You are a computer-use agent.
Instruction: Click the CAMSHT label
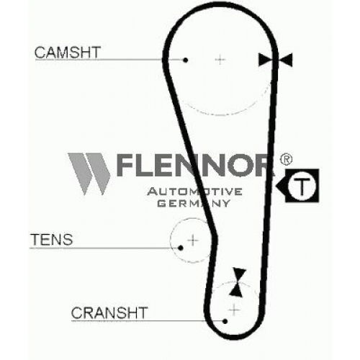[x=68, y=53]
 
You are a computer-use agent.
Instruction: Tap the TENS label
[x=52, y=239]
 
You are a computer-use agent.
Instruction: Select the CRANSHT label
[x=109, y=312]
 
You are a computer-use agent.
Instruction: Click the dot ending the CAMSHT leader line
[x=185, y=60]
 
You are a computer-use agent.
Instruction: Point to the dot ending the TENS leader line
[x=181, y=248]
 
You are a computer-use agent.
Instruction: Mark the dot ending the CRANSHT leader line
[x=225, y=321]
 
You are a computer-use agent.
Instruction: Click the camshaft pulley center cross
[x=220, y=60]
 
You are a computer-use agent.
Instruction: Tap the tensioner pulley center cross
[x=193, y=240]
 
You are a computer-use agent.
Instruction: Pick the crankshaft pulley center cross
[x=234, y=310]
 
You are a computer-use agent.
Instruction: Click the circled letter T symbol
[x=302, y=186]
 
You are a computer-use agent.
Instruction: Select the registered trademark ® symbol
[x=286, y=159]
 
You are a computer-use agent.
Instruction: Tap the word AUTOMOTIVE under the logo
[x=194, y=192]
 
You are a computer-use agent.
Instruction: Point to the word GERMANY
[x=194, y=204]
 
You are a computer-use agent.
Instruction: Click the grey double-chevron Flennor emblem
[x=89, y=174]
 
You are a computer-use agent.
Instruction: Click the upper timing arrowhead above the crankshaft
[x=240, y=275]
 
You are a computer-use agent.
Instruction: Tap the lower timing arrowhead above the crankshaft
[x=236, y=289]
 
